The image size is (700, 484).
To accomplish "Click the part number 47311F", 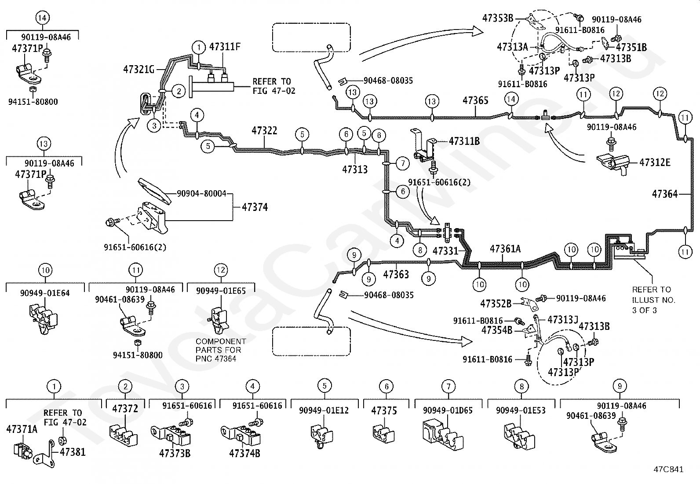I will click(225, 47).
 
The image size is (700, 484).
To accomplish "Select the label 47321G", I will click(139, 69).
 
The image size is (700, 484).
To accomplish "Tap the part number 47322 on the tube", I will click(264, 130).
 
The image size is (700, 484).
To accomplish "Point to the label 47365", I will click(475, 100).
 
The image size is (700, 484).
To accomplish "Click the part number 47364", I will click(665, 194).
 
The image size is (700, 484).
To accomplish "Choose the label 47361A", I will click(505, 249).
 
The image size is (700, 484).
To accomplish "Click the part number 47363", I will click(396, 274).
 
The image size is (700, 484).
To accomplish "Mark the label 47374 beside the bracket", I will click(255, 207).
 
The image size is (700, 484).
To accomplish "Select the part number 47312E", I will click(655, 163).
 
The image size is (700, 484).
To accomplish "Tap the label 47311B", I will click(464, 141).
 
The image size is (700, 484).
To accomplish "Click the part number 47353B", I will click(498, 18).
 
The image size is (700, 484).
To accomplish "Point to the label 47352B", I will click(496, 303).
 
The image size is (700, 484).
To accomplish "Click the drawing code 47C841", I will click(668, 469).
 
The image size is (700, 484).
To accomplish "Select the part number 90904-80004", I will click(201, 193).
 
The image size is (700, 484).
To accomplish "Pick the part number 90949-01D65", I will click(448, 410).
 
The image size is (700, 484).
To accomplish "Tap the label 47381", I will click(73, 452).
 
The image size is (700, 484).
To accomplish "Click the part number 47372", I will click(125, 409).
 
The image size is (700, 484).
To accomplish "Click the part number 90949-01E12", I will click(324, 410).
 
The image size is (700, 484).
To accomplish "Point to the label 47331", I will click(445, 251).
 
